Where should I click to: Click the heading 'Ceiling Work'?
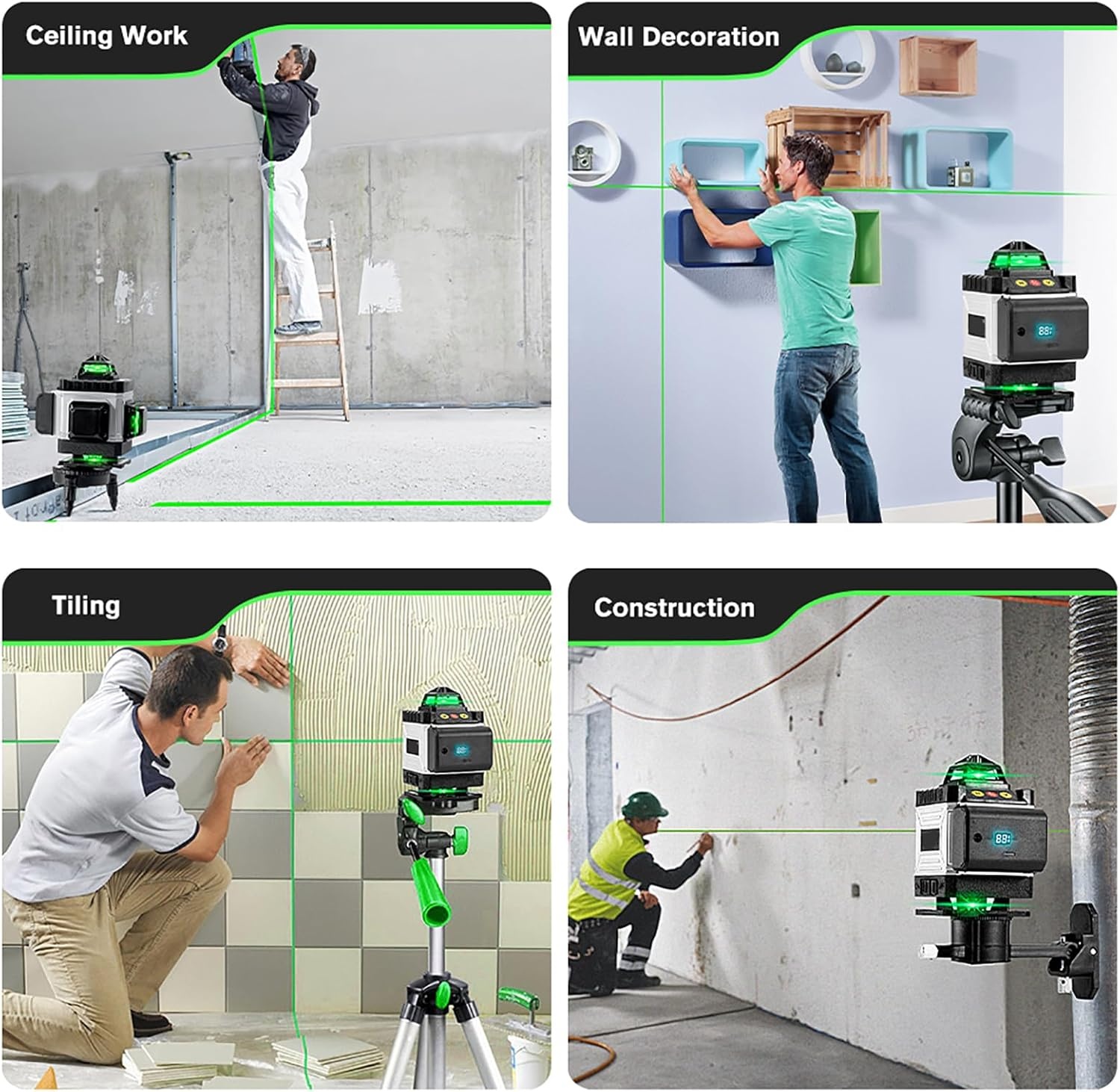[106, 36]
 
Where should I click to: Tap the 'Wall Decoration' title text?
[679, 37]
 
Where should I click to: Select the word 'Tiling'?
[86, 605]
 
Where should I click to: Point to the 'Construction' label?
[674, 607]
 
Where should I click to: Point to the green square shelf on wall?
[865, 247]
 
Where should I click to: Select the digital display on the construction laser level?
[1003, 838]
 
